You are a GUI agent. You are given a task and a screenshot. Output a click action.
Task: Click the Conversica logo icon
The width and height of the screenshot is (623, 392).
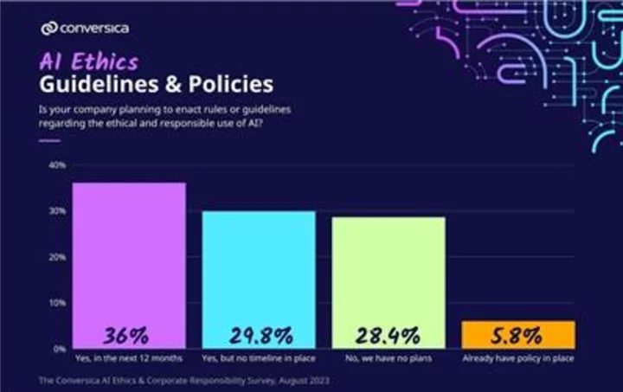click(48, 29)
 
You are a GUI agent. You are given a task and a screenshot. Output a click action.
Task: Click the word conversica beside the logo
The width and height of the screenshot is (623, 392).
click(95, 29)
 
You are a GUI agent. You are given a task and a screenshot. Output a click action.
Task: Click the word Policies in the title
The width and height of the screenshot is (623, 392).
click(231, 85)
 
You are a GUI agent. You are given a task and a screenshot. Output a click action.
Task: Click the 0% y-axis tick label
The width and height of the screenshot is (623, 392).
click(58, 349)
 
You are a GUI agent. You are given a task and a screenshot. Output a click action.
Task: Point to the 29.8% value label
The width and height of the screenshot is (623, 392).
click(259, 335)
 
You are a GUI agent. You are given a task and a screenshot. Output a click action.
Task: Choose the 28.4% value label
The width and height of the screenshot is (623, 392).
click(389, 335)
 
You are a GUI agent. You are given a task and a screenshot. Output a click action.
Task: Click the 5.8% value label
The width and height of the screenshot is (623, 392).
click(518, 335)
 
